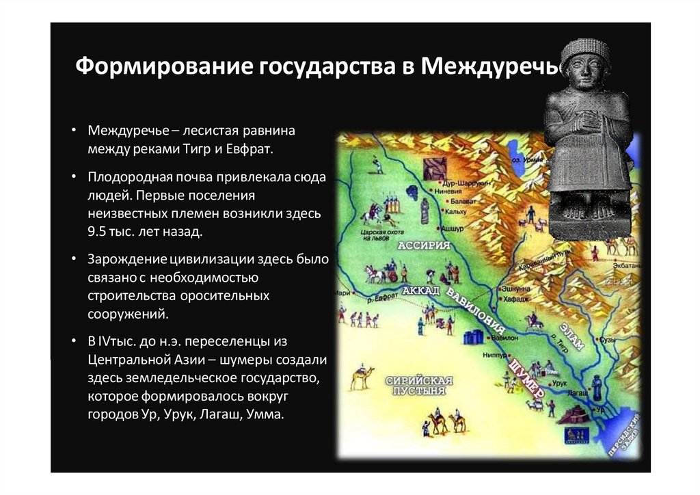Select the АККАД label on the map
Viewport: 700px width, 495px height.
click(x=421, y=292)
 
